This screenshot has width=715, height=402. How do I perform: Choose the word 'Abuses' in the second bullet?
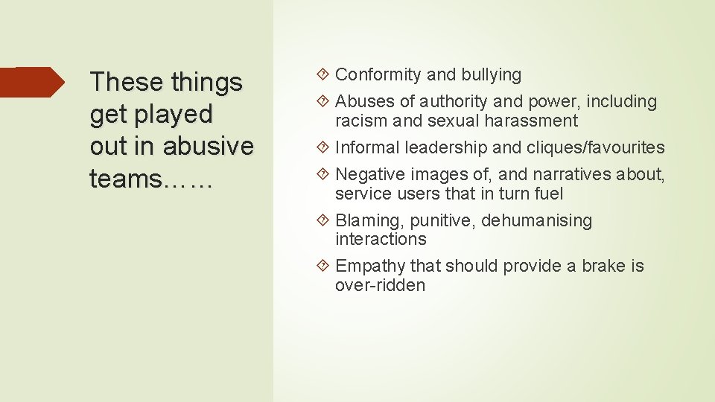point(363,102)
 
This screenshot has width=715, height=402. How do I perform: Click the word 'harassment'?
point(535,121)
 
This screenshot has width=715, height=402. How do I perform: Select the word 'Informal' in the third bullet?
point(368,147)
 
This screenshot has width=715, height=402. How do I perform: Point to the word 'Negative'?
point(368,174)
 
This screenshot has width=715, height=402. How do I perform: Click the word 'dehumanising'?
point(537,221)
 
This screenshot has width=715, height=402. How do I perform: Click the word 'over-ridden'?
point(380,286)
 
